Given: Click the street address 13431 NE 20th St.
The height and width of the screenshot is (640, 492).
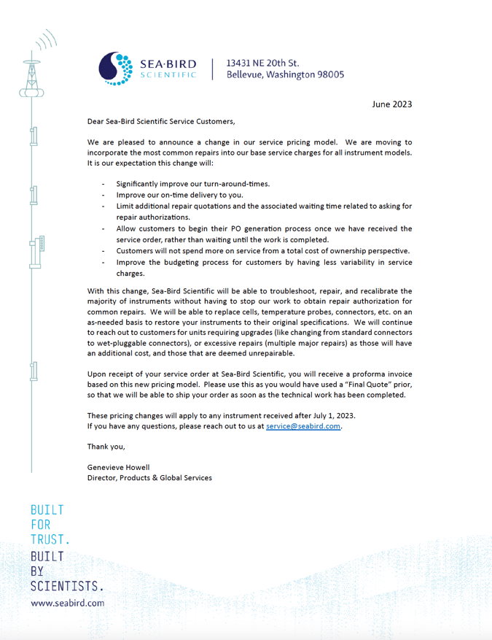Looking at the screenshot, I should [262, 63].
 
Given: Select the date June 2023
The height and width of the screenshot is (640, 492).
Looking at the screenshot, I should [391, 104].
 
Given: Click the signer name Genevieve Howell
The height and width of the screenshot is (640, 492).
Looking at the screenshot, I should [118, 467].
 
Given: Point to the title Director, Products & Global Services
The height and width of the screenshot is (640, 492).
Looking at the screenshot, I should [149, 478].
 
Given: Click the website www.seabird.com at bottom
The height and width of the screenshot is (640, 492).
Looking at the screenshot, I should [67, 604].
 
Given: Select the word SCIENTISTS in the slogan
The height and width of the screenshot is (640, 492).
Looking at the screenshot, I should [66, 586].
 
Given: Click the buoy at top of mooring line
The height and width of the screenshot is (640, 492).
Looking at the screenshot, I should [31, 80].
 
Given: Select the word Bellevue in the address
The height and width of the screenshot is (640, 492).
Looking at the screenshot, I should [248, 74].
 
